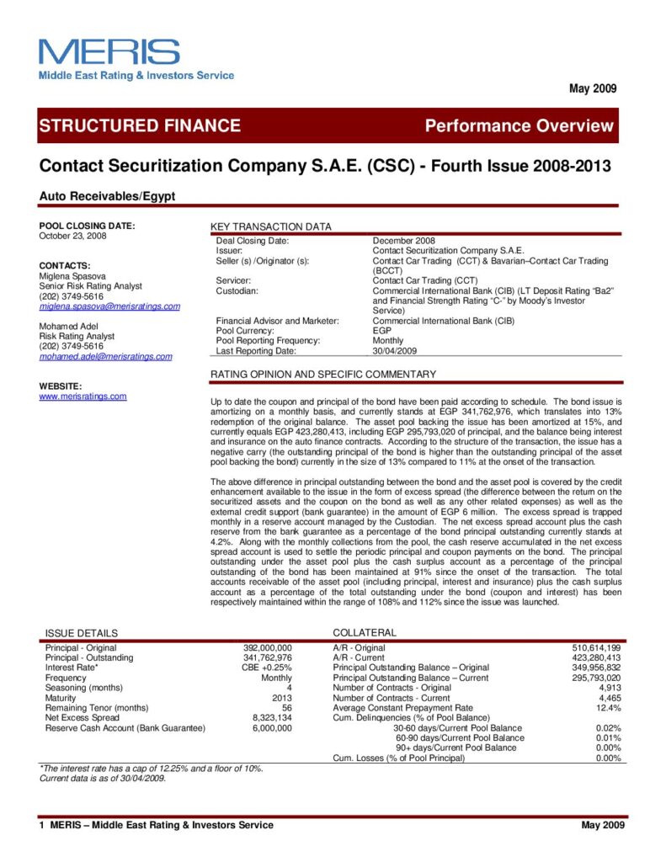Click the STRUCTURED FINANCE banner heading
[x=140, y=126]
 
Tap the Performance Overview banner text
[x=519, y=126]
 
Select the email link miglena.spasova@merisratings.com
[x=110, y=306]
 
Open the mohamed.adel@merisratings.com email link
[x=106, y=356]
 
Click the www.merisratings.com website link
[x=83, y=396]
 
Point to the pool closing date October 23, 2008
[x=73, y=236]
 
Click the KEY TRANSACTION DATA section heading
[x=270, y=227]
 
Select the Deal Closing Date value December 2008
[x=404, y=241]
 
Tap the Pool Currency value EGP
[x=381, y=331]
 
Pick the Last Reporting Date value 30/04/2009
[x=396, y=350]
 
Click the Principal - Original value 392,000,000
[x=267, y=647]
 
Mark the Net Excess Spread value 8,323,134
[x=271, y=718]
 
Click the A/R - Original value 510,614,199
[x=596, y=647]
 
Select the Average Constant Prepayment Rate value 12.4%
[x=607, y=708]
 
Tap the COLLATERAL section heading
[x=365, y=632]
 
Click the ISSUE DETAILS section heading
[x=82, y=633]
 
